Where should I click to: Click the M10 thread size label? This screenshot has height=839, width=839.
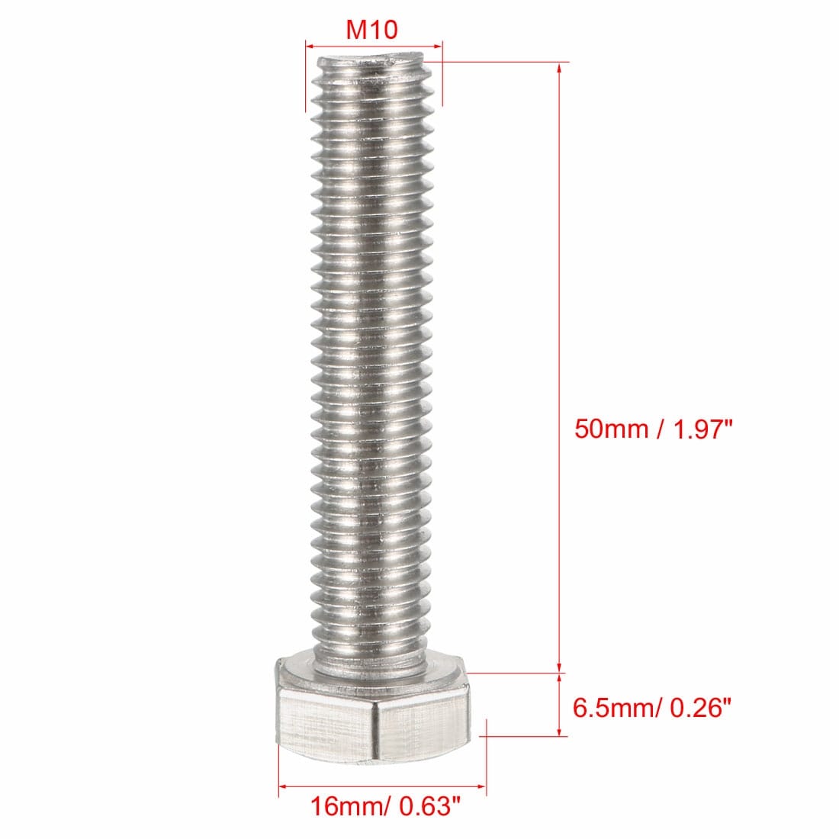(x=372, y=29)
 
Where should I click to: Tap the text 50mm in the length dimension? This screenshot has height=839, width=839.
(x=611, y=429)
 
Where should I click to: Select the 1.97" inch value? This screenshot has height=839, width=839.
(x=702, y=429)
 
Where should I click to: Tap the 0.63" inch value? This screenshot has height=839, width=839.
(x=429, y=806)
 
